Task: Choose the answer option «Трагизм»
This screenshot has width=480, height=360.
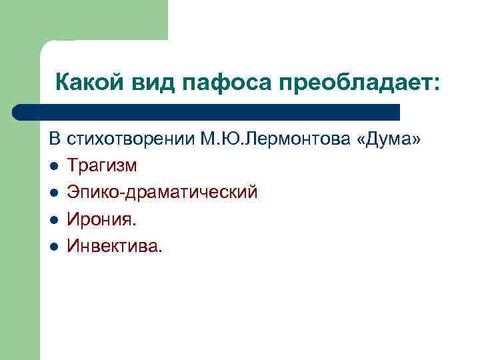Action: pyautogui.click(x=102, y=167)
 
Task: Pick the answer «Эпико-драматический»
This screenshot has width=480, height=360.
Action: pyautogui.click(x=162, y=193)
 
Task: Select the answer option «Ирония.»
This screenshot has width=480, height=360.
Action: pyautogui.click(x=99, y=219)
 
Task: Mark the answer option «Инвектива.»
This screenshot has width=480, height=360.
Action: pyautogui.click(x=114, y=246)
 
